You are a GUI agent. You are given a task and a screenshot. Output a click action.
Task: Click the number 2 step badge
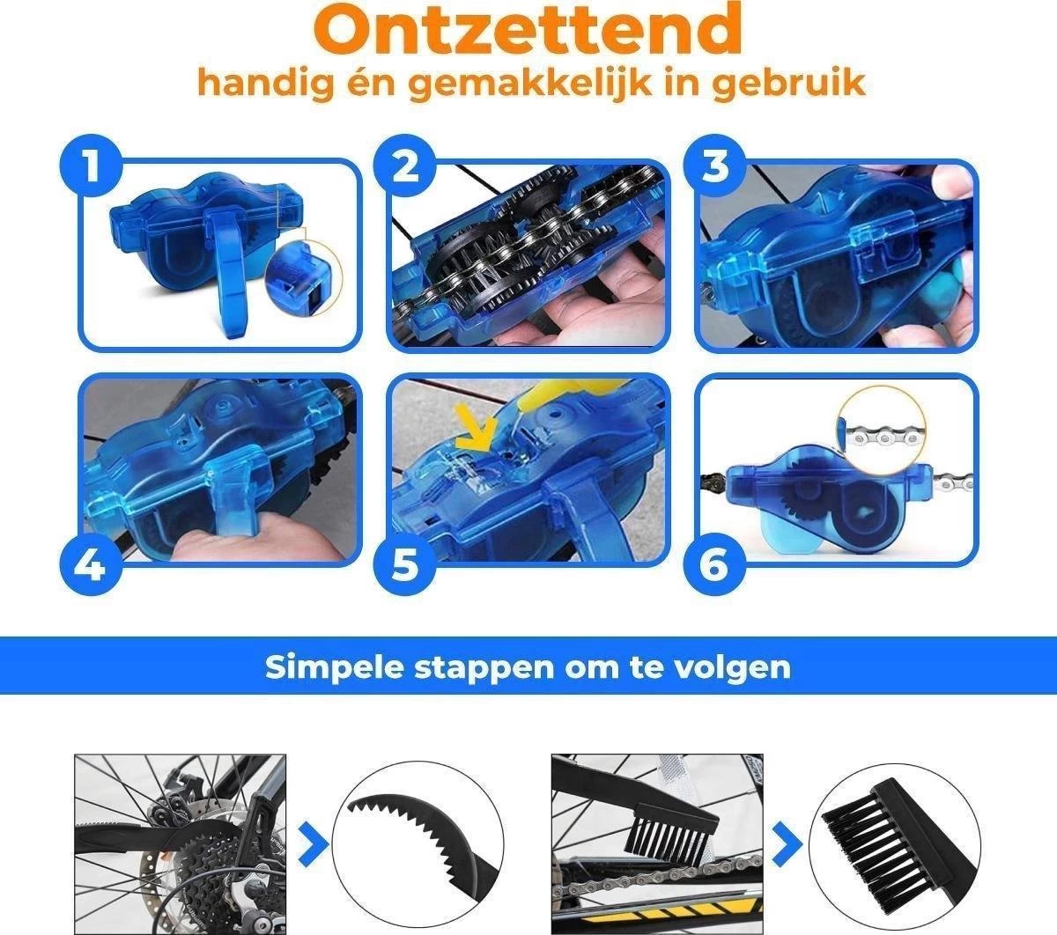[x=404, y=164]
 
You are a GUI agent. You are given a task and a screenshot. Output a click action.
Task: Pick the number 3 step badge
[x=714, y=164]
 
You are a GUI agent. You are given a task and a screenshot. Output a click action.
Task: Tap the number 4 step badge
[x=91, y=563]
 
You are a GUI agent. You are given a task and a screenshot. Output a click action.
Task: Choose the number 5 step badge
[x=404, y=563]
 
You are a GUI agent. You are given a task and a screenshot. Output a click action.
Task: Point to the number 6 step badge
[x=714, y=563]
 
